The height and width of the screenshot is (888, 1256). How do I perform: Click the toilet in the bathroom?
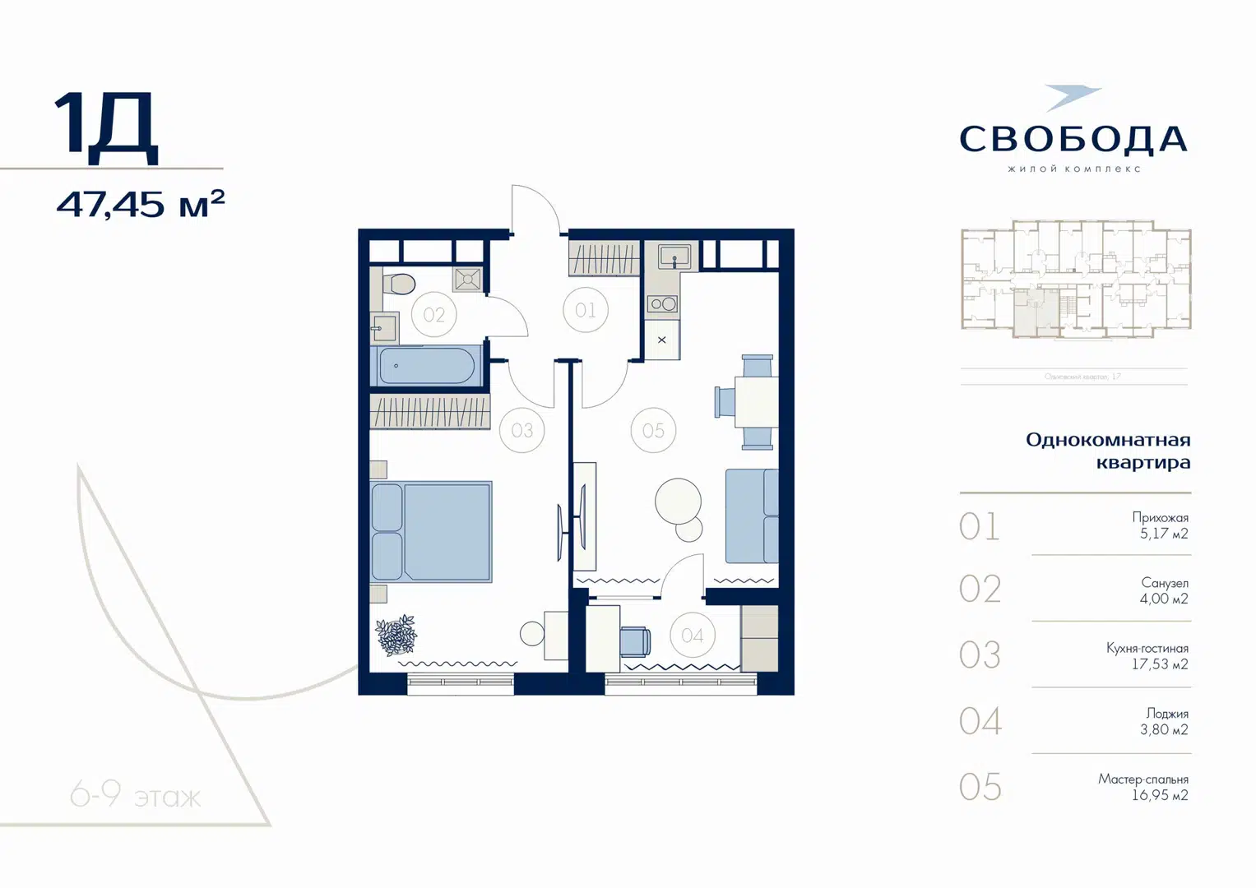pyautogui.click(x=400, y=284)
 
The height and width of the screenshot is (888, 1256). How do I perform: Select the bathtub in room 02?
pyautogui.click(x=427, y=366)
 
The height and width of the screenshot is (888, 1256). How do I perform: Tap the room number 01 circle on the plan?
pyautogui.click(x=586, y=310)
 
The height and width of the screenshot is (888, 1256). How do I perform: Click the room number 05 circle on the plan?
pyautogui.click(x=653, y=430)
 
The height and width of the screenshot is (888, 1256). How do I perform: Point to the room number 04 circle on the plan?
pyautogui.click(x=692, y=636)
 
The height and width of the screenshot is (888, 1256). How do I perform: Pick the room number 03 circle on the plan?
pyautogui.click(x=521, y=430)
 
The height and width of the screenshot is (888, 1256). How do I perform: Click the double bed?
pyautogui.click(x=432, y=532)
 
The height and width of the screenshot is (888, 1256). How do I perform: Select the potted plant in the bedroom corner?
pyautogui.click(x=396, y=635)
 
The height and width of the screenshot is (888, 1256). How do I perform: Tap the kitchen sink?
pyautogui.click(x=674, y=257)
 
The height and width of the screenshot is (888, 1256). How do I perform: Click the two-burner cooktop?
pyautogui.click(x=663, y=304)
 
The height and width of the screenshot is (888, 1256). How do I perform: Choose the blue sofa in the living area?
pyautogui.click(x=751, y=516)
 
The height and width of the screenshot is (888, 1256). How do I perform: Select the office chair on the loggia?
pyautogui.click(x=634, y=641)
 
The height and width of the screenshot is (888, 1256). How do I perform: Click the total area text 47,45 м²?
pyautogui.click(x=140, y=204)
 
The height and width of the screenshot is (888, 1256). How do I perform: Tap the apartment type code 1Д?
pyautogui.click(x=106, y=125)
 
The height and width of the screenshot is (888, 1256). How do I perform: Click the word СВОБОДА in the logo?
pyautogui.click(x=1073, y=139)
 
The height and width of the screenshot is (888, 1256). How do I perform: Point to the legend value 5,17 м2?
pyautogui.click(x=1163, y=534)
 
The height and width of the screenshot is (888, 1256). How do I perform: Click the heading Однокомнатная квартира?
pyautogui.click(x=1108, y=451)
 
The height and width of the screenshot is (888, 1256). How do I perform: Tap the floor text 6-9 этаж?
pyautogui.click(x=136, y=795)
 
